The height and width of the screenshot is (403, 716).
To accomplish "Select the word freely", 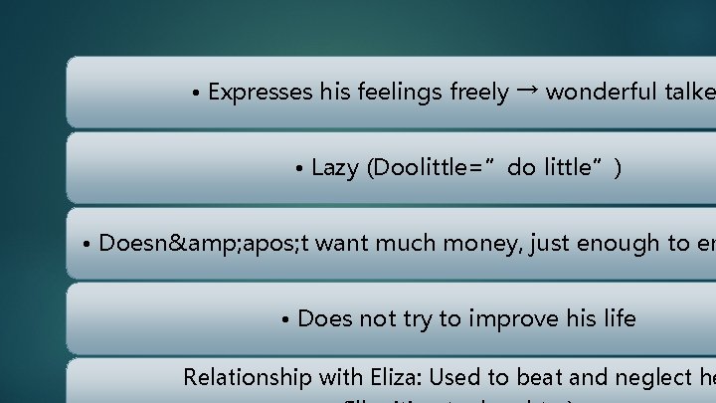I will pyautogui.click(x=479, y=93).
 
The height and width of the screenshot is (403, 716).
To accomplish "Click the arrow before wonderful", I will pyautogui.click(x=528, y=92).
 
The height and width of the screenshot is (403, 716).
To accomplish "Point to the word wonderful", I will pyautogui.click(x=600, y=93).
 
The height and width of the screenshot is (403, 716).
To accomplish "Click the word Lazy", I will pyautogui.click(x=334, y=168).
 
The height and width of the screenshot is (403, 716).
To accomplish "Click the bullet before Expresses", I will pyautogui.click(x=197, y=94).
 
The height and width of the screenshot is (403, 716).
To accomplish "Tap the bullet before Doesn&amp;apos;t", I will pyautogui.click(x=89, y=244).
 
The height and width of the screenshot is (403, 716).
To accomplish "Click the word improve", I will pyautogui.click(x=517, y=318).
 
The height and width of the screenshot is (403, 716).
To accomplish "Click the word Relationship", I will pyautogui.click(x=245, y=378).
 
